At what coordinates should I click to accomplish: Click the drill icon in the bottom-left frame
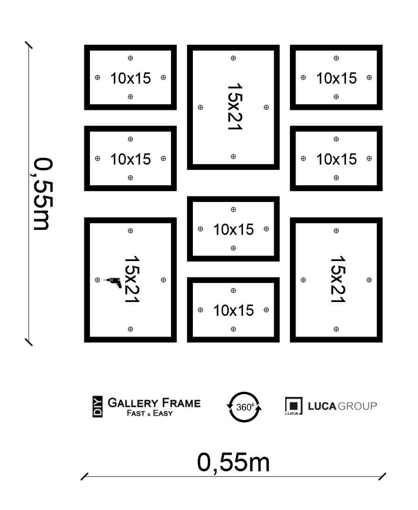(113, 282)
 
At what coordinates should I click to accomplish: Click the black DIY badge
(97, 407)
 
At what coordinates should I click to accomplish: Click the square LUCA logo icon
(294, 406)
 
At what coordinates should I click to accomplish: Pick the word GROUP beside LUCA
(357, 406)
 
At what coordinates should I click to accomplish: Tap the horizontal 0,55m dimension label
(233, 462)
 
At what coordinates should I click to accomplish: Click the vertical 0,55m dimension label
(43, 194)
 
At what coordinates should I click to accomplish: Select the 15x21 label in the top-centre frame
(234, 107)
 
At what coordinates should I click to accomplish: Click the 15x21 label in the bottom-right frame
(337, 279)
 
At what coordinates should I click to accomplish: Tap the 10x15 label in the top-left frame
(130, 78)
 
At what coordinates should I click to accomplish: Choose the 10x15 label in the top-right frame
(336, 78)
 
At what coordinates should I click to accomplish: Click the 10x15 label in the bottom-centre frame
(233, 311)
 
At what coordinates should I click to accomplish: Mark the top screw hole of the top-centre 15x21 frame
(233, 58)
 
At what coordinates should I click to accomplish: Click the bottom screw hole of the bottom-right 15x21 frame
(336, 329)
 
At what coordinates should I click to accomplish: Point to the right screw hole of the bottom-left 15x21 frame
(163, 280)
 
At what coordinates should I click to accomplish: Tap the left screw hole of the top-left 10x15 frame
(97, 77)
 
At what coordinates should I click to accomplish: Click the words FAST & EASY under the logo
(150, 413)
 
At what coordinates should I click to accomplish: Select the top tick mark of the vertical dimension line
(29, 45)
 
